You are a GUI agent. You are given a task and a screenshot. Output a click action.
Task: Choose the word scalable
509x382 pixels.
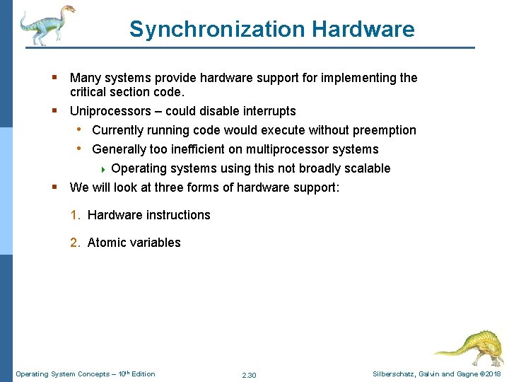point(365,168)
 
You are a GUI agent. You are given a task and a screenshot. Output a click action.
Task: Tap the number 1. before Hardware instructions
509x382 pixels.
point(75,215)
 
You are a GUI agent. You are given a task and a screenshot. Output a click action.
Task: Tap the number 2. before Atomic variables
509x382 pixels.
point(75,243)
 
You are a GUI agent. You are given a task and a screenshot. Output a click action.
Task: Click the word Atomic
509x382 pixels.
point(106,243)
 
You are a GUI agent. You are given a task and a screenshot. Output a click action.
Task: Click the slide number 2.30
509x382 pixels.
point(249,375)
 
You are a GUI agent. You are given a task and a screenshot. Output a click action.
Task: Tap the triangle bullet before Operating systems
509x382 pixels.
point(104,169)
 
